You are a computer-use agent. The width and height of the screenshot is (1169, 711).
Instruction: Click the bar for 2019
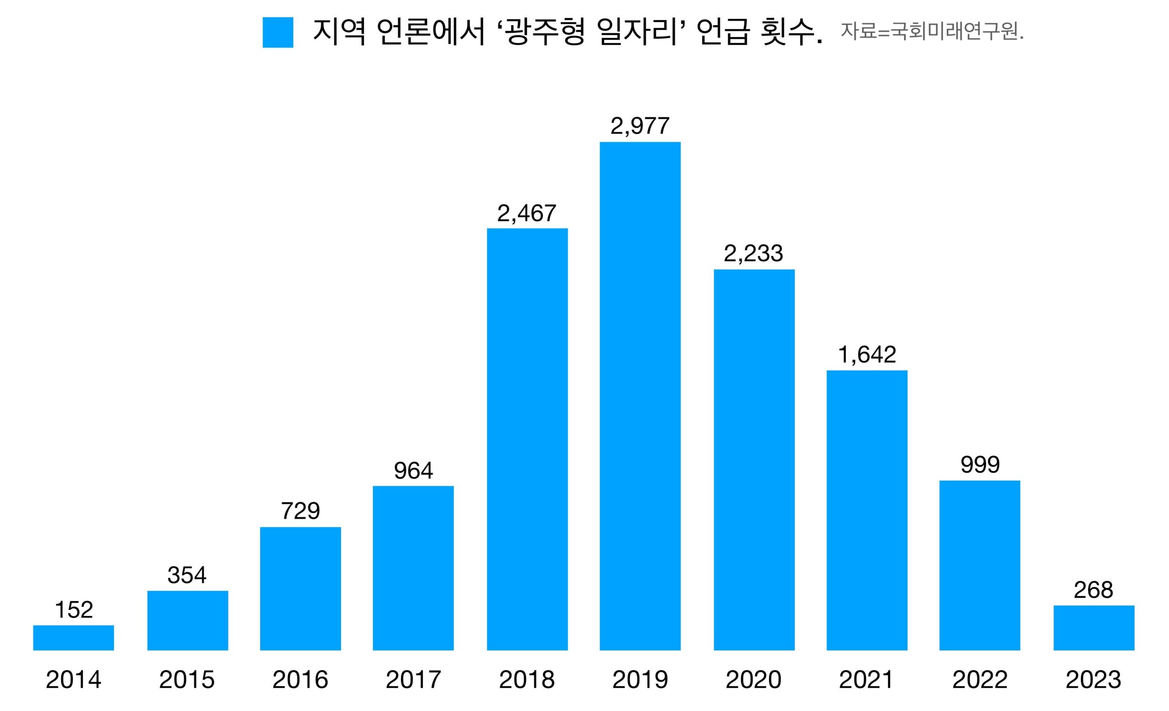tap(640, 396)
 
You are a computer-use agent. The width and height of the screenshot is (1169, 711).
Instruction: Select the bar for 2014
tap(74, 637)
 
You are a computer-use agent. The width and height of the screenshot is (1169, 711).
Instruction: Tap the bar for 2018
tap(527, 439)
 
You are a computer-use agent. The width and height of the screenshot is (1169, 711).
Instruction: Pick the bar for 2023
tap(1094, 627)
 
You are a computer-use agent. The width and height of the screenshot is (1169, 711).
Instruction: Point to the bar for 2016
tap(300, 589)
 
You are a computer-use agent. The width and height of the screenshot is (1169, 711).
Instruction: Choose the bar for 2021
tap(867, 510)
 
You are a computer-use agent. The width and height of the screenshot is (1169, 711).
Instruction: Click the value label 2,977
tap(640, 126)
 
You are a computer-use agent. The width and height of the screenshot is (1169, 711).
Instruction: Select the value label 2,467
tap(527, 213)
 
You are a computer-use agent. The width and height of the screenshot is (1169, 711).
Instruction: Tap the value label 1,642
tap(867, 355)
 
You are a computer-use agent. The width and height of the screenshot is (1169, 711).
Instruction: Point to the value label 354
tap(187, 575)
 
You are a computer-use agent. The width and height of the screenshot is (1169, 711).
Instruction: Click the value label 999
tap(979, 464)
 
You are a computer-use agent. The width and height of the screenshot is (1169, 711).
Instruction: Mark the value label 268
tap(1093, 590)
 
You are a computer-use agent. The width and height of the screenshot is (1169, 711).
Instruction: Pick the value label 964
tap(413, 470)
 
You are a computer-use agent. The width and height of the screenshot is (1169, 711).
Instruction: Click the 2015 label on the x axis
tap(187, 679)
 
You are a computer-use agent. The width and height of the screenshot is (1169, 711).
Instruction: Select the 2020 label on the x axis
tap(753, 679)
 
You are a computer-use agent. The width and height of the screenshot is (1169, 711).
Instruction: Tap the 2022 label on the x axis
tap(979, 679)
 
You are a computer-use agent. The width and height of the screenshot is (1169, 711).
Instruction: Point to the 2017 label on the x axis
tap(413, 679)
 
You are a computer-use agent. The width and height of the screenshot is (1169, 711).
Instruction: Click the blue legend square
tap(278, 32)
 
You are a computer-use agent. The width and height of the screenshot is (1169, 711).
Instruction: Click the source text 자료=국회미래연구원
tap(932, 32)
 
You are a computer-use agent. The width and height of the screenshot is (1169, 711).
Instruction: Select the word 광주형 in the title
tap(545, 32)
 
